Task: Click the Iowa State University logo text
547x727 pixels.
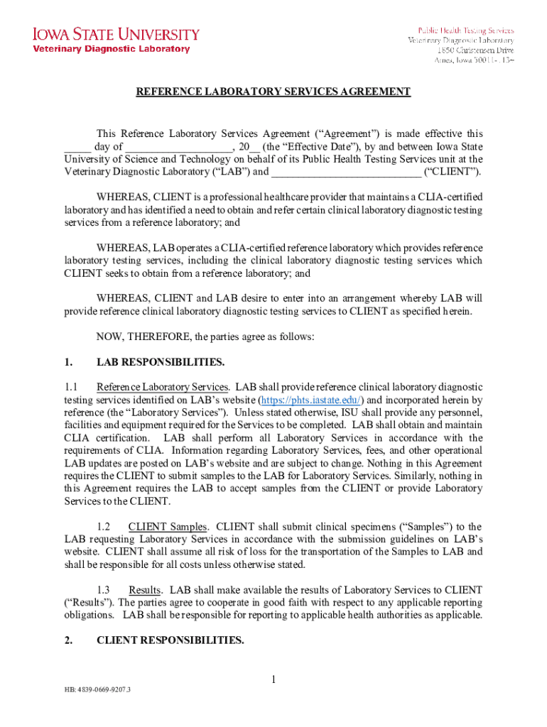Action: pyautogui.click(x=114, y=34)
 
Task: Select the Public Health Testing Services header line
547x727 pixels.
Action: pyautogui.click(x=465, y=31)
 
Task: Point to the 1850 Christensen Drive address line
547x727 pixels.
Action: pyautogui.click(x=475, y=50)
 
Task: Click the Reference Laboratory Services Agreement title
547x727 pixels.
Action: pyautogui.click(x=273, y=92)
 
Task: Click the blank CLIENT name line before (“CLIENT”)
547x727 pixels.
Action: pyautogui.click(x=346, y=172)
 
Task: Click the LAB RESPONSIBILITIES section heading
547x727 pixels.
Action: pyautogui.click(x=161, y=362)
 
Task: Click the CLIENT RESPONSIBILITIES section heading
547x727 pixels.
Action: pyautogui.click(x=170, y=640)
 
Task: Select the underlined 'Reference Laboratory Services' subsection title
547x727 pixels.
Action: pyautogui.click(x=163, y=387)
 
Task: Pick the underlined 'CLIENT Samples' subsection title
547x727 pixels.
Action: pyautogui.click(x=168, y=527)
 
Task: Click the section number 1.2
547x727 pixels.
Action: pyautogui.click(x=104, y=527)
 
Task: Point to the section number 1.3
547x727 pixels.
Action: pyautogui.click(x=104, y=590)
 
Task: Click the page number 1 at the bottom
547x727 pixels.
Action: pyautogui.click(x=273, y=681)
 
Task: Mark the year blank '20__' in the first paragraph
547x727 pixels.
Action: pyautogui.click(x=249, y=147)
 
